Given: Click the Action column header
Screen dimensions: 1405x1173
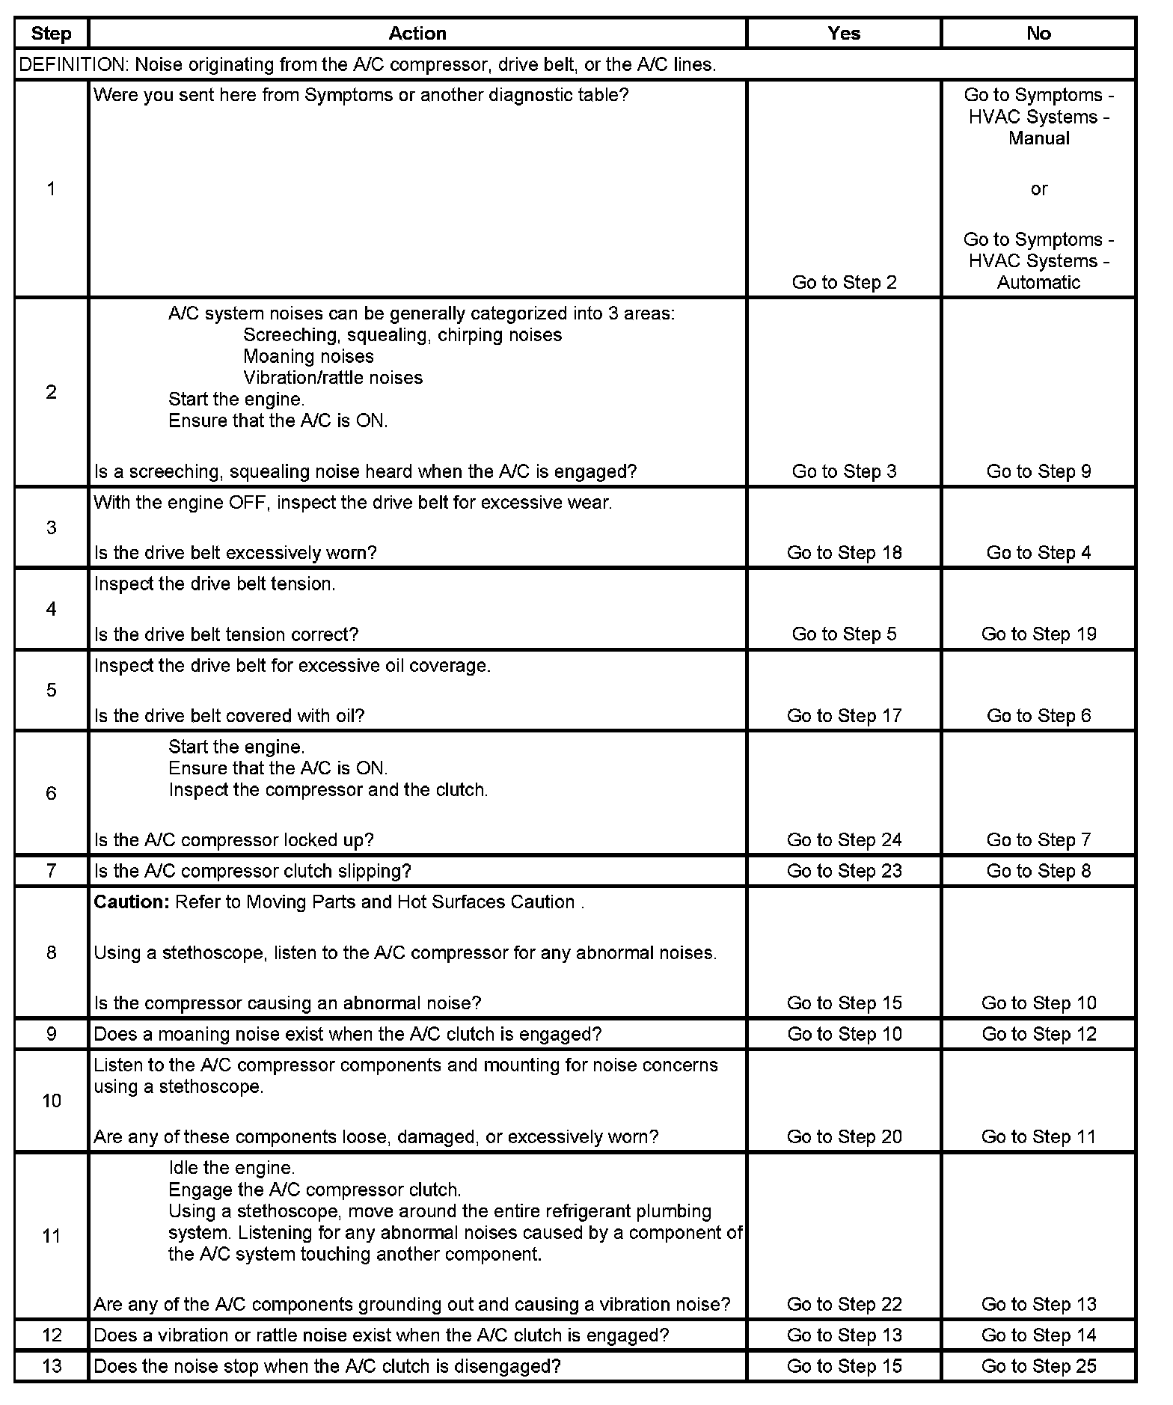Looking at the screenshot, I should [417, 34].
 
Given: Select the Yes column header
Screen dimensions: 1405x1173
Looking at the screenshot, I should [844, 34].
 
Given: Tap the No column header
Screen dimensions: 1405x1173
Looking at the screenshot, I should [1038, 34].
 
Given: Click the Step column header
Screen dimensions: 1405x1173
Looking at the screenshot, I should [51, 34].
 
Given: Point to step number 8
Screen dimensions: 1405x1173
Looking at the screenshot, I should [51, 952].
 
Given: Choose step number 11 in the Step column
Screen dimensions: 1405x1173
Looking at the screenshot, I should [51, 1235].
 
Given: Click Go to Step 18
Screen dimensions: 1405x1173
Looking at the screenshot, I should [844, 553].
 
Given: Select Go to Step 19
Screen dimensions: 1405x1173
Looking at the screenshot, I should [1038, 634].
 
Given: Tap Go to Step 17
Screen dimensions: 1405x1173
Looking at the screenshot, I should [844, 716].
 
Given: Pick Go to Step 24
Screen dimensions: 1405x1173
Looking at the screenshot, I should [844, 840].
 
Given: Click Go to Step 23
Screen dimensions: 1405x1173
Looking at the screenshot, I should [844, 871].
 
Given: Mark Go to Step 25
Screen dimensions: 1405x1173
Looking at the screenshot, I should [1038, 1366].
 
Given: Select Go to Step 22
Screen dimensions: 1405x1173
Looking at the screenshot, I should [844, 1304].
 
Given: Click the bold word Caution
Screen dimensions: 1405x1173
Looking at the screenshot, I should [132, 902].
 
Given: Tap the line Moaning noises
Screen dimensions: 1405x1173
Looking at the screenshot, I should [308, 357].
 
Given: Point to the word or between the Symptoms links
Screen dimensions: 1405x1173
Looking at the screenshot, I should [1038, 189].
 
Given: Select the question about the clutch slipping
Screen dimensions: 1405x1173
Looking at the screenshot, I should [253, 871].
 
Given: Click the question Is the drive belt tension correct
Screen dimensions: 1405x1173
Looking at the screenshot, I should [226, 634].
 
